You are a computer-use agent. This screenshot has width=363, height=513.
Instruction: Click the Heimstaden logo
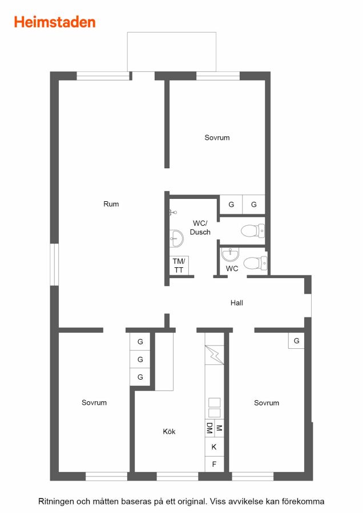coord(55,22)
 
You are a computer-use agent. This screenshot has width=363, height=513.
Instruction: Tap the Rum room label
coord(111,204)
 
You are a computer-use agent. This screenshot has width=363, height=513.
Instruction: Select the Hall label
coord(236,303)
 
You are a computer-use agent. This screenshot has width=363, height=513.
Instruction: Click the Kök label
coord(169,431)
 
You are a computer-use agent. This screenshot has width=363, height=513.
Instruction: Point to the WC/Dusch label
coord(200,227)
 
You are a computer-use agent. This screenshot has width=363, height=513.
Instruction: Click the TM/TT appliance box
coord(179,265)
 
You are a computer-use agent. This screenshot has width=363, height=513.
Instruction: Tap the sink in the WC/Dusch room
coord(176,238)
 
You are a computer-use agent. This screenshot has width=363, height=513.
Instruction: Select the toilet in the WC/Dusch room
coord(253,231)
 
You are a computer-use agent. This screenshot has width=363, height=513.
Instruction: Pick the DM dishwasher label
coord(209,428)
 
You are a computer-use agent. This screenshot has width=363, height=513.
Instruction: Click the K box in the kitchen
coord(214,447)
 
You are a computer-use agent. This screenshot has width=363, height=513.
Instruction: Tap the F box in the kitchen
coord(214,464)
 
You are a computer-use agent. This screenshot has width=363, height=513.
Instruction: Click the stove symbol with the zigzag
coord(214,355)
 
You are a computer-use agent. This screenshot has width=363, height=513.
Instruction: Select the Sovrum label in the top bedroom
coord(217,138)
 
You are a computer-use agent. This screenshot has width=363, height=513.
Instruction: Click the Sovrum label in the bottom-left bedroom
coord(94,403)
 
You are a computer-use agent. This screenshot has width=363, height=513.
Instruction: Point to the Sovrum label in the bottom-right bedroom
coord(267,403)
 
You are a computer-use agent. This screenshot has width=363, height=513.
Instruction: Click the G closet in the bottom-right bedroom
coord(296,341)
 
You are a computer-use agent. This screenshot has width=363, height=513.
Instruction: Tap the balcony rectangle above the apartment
coord(172,52)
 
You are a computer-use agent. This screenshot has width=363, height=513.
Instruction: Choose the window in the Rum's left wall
coord(54,264)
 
